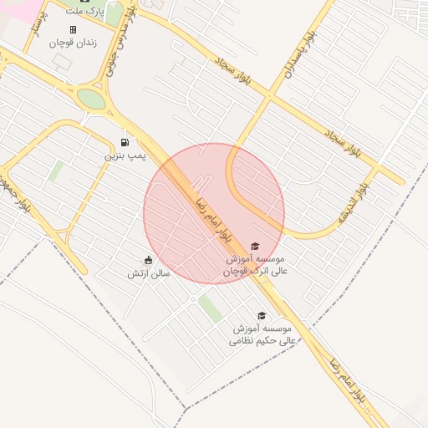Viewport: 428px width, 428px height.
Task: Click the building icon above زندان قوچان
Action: click(73, 30)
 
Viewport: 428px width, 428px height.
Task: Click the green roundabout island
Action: click(91, 99)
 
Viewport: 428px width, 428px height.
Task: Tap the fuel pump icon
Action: click(125, 142)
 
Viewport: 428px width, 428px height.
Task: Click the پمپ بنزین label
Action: click(125, 155)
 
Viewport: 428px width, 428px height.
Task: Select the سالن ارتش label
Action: click(149, 273)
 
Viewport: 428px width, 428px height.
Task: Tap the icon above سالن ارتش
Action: click(149, 260)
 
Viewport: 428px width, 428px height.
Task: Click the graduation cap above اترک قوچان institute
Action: click(254, 246)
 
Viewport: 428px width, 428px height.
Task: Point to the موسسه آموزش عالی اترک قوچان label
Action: click(257, 265)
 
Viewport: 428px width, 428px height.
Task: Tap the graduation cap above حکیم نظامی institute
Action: click(262, 315)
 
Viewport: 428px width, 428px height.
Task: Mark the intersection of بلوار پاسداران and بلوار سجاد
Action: click(268, 97)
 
